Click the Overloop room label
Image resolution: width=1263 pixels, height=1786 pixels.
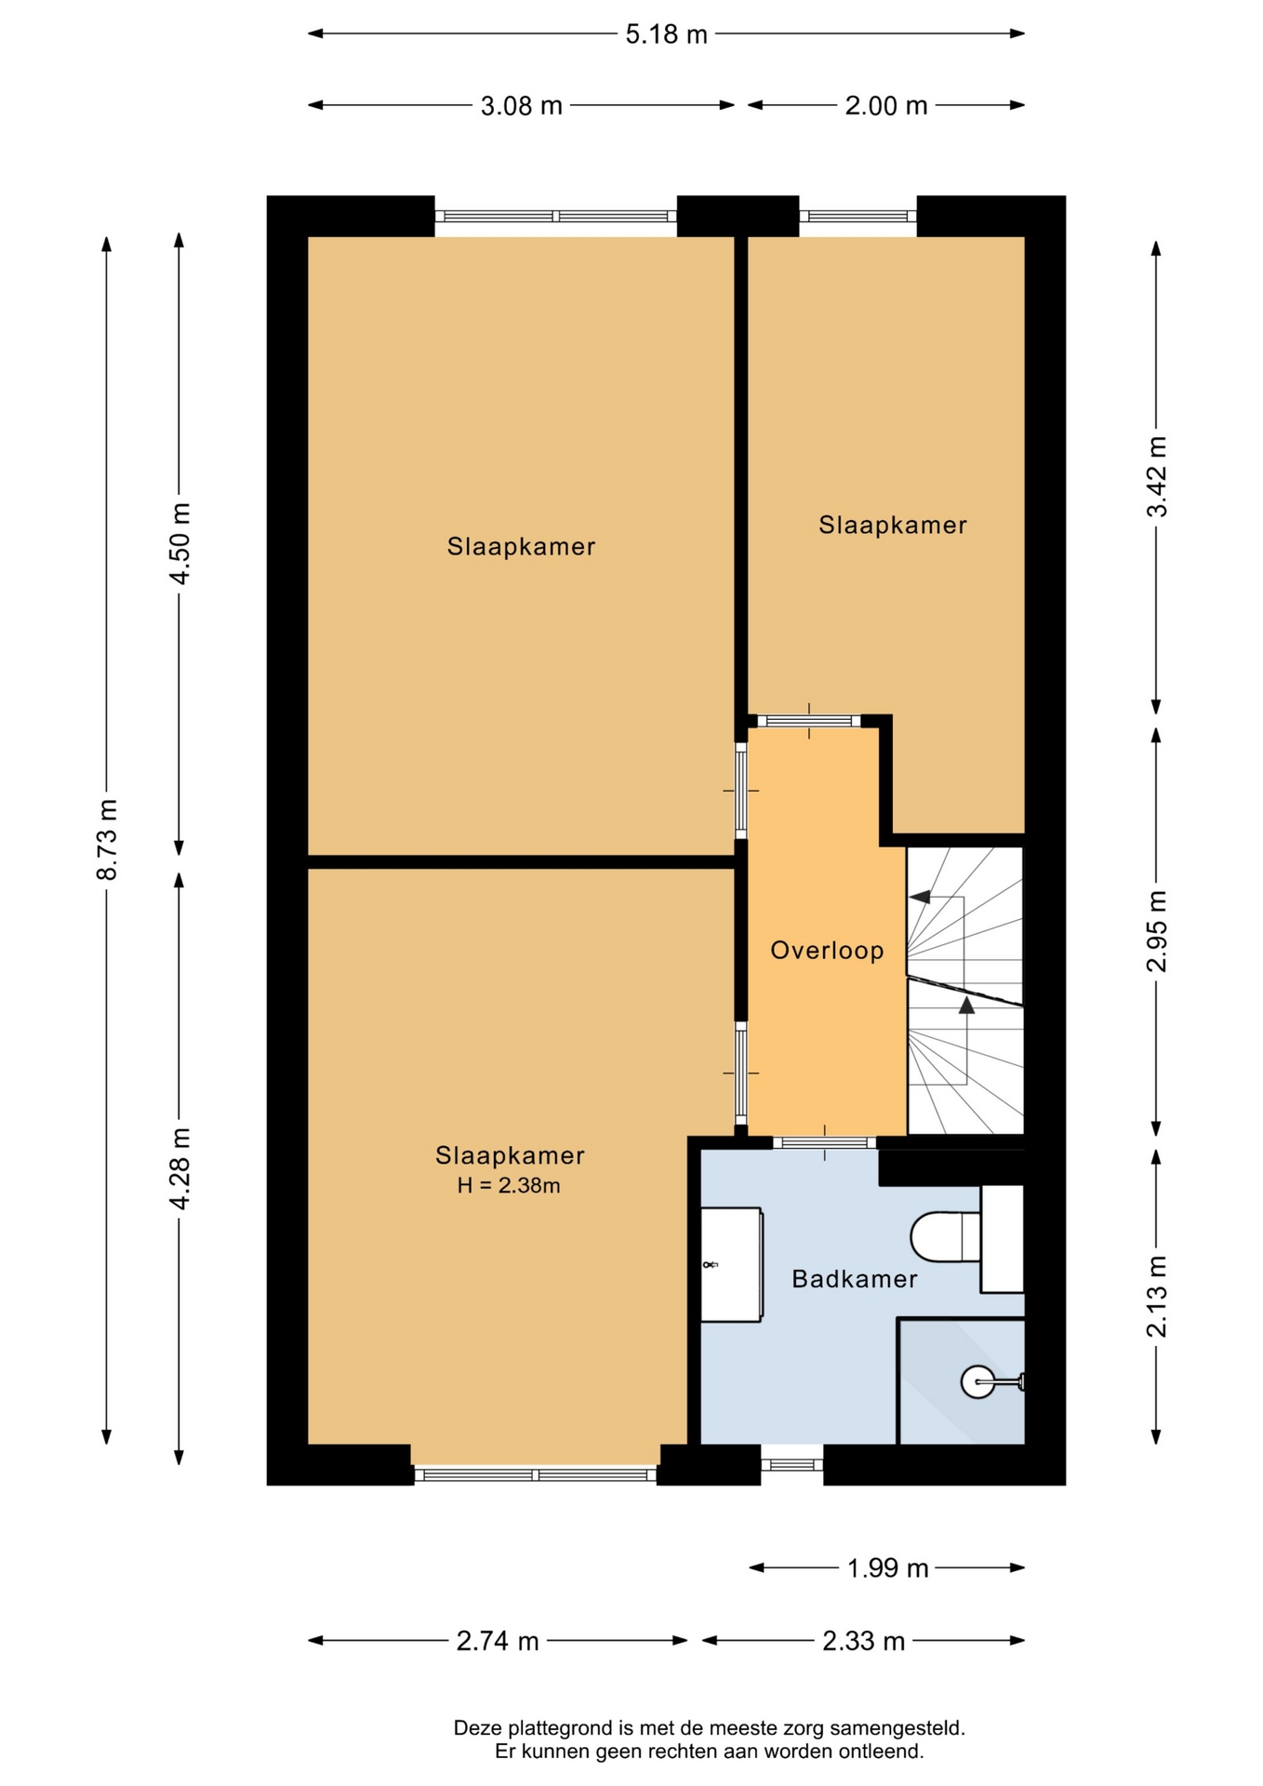click(x=827, y=951)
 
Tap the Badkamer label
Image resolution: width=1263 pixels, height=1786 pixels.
click(x=855, y=1279)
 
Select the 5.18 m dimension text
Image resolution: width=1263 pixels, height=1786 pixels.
click(x=666, y=34)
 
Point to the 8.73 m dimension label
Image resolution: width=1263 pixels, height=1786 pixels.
click(x=107, y=839)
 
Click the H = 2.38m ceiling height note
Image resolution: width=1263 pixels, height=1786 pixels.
click(x=509, y=1185)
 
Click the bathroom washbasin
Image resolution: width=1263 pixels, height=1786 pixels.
click(x=732, y=1264)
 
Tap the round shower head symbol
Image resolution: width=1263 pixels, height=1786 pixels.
click(x=977, y=1381)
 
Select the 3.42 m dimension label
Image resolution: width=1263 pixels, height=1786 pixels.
click(x=1156, y=476)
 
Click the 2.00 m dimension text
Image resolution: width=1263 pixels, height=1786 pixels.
click(x=886, y=106)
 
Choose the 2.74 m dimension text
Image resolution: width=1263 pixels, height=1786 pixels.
click(x=498, y=1642)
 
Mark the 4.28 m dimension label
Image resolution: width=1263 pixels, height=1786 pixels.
click(x=179, y=1168)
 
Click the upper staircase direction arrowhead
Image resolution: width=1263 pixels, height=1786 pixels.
click(x=920, y=897)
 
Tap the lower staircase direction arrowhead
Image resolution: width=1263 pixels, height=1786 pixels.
click(x=967, y=1005)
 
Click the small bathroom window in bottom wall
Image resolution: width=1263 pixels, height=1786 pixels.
click(x=792, y=1465)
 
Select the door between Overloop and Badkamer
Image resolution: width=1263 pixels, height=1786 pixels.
click(x=825, y=1142)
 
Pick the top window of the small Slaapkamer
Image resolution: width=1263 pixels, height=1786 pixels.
click(x=858, y=216)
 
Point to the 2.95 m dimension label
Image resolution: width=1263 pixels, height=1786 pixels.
click(x=1156, y=931)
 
